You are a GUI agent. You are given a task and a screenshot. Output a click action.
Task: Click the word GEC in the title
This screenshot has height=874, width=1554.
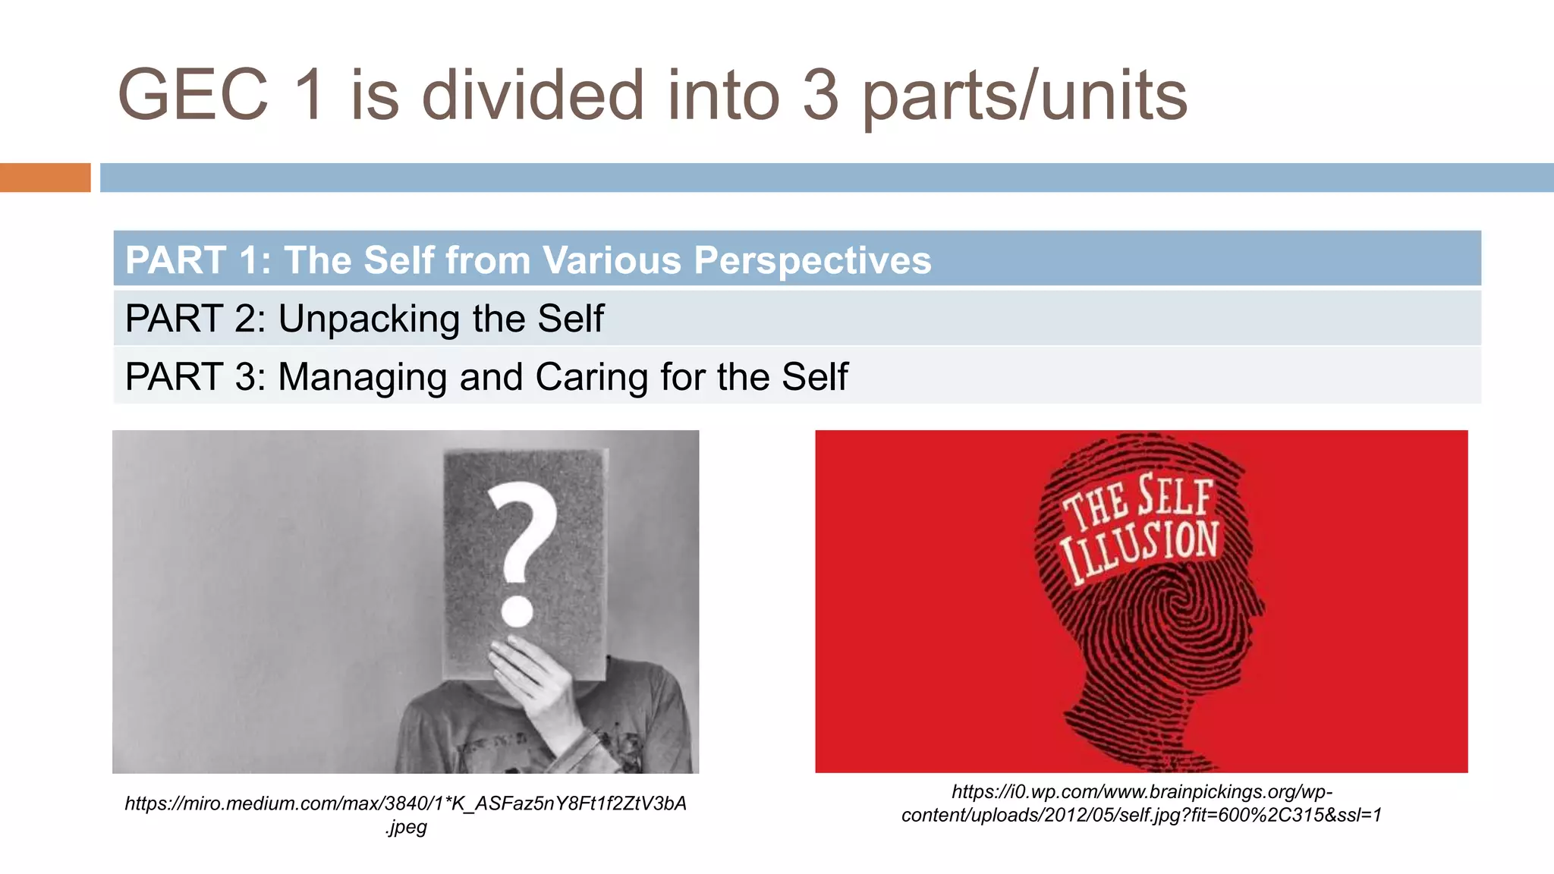(193, 95)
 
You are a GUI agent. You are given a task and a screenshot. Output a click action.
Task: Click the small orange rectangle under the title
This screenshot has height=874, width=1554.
(45, 178)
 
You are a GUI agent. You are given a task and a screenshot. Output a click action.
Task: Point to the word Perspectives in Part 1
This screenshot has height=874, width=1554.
(812, 260)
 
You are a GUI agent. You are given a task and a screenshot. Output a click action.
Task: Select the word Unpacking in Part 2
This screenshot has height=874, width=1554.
(369, 319)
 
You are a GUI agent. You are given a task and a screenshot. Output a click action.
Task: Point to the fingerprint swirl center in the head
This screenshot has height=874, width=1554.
(1180, 607)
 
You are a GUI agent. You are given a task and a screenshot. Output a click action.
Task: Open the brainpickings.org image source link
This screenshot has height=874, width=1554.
(1141, 803)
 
